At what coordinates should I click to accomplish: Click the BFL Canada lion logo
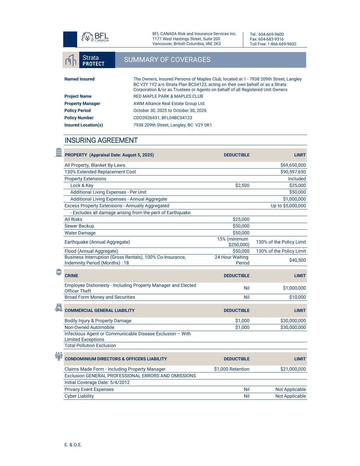tap(87, 37)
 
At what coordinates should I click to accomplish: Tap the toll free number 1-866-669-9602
tap(282, 44)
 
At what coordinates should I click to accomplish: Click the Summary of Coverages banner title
tap(167, 60)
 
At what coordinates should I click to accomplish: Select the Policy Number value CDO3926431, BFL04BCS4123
tap(163, 118)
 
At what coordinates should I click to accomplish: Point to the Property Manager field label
tap(82, 104)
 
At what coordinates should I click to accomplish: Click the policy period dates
tap(170, 111)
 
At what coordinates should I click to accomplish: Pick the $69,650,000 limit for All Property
tap(293, 165)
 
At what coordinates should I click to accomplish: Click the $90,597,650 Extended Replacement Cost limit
tap(293, 172)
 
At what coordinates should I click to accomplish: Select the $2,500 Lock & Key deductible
tap(242, 185)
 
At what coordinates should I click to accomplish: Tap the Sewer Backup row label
tap(79, 226)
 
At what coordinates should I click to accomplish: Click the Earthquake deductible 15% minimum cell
tap(233, 242)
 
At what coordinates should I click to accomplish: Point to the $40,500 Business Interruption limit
tap(297, 260)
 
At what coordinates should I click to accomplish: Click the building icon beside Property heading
tap(59, 152)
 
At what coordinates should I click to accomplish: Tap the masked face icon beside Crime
tap(59, 272)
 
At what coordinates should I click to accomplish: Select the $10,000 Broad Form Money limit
tap(297, 297)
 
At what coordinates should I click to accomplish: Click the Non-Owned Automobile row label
tap(89, 327)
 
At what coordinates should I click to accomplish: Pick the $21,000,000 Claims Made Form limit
tap(293, 369)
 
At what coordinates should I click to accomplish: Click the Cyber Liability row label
tap(79, 396)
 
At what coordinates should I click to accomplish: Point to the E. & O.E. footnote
tap(73, 445)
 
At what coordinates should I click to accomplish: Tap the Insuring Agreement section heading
tap(101, 140)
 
